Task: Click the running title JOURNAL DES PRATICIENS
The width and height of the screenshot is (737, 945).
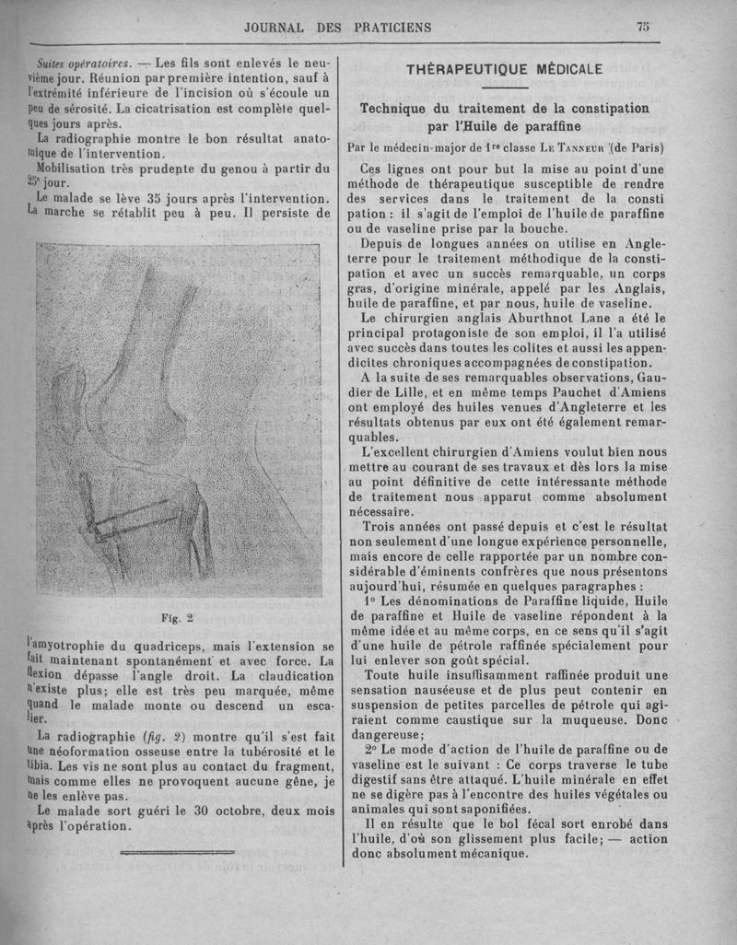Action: coord(337,28)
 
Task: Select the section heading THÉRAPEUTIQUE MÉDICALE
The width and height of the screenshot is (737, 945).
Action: coord(505,69)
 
